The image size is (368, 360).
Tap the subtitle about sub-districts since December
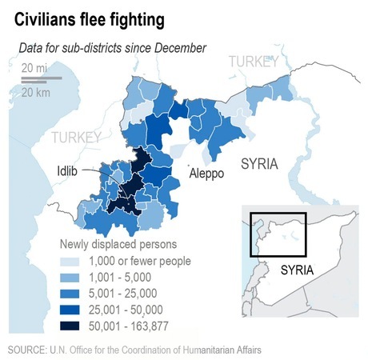coord(113,48)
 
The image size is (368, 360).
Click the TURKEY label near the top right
coord(252,62)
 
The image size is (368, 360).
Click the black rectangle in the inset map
coord(278,234)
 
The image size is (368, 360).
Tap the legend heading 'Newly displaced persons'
coord(118,243)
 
